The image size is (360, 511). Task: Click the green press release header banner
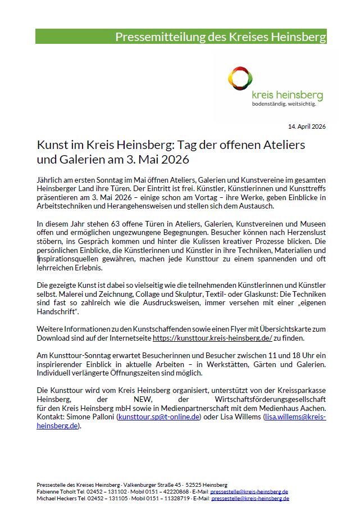pos(180,37)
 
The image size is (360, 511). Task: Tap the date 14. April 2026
pos(307,126)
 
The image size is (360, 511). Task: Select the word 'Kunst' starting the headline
pos(52,145)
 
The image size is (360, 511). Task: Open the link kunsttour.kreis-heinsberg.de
pos(212,338)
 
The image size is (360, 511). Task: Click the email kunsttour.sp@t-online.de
pos(158,417)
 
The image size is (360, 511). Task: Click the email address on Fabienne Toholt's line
pos(249,491)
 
